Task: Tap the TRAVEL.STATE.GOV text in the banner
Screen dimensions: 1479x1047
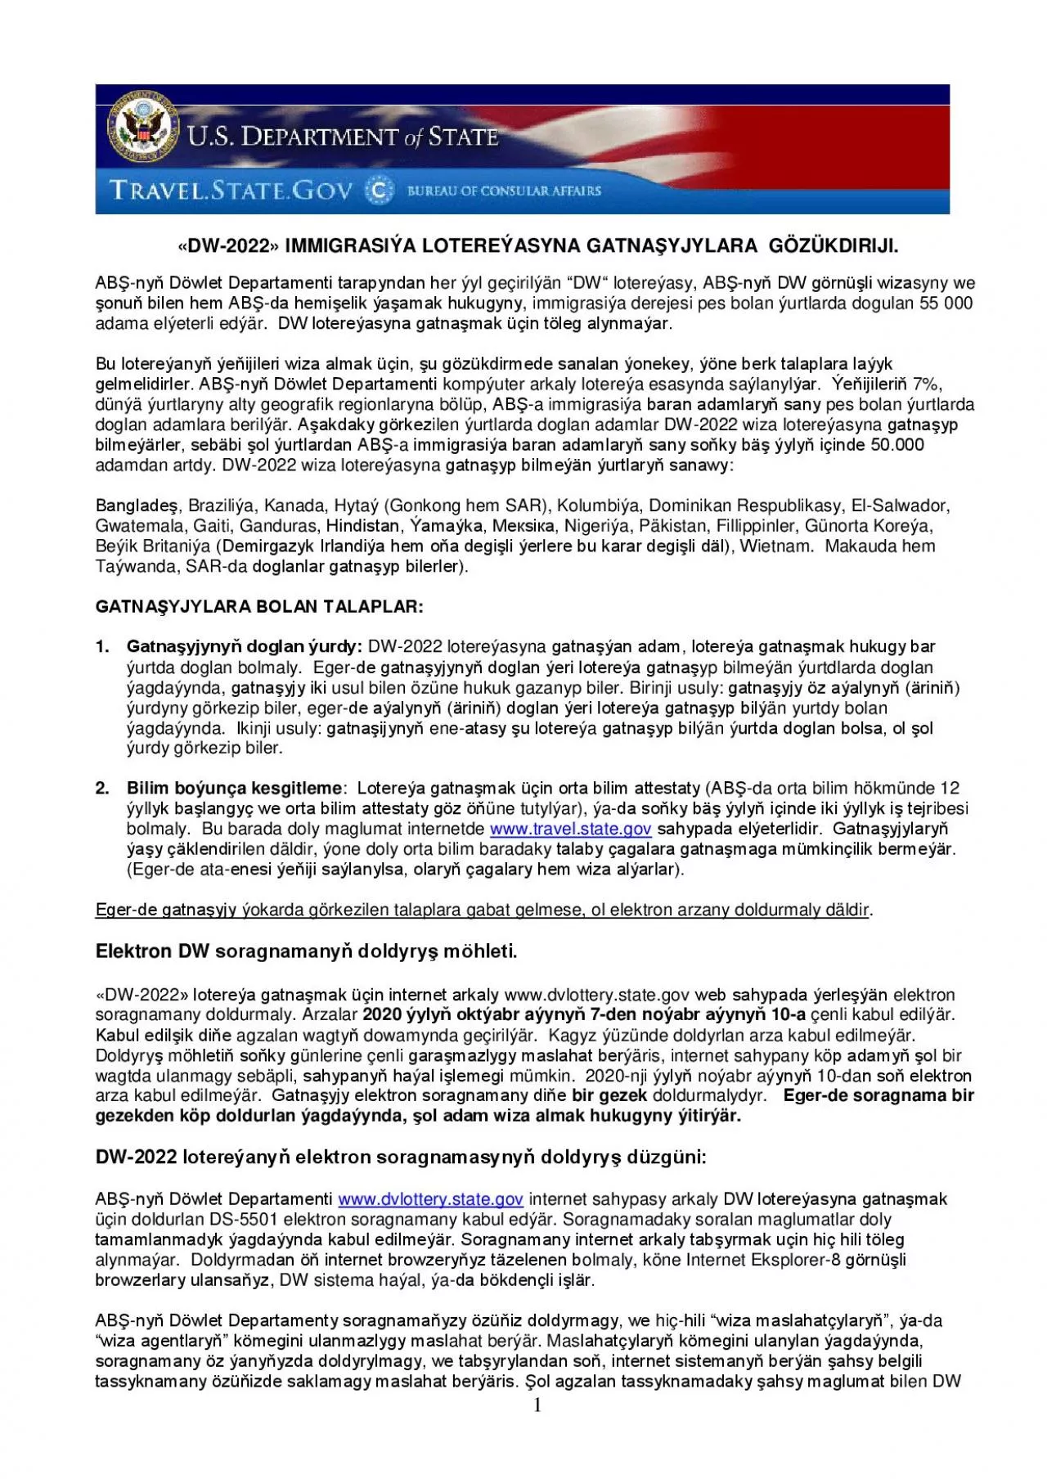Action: [x=231, y=191]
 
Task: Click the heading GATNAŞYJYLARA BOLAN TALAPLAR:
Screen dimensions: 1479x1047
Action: [x=259, y=607]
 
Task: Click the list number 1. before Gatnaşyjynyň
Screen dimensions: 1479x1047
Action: [x=102, y=647]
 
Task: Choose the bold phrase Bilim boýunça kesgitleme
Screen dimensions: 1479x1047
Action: [x=234, y=789]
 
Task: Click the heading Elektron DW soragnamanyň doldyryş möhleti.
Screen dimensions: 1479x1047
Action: [x=307, y=951]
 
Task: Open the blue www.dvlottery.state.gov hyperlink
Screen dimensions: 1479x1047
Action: [x=430, y=1199]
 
